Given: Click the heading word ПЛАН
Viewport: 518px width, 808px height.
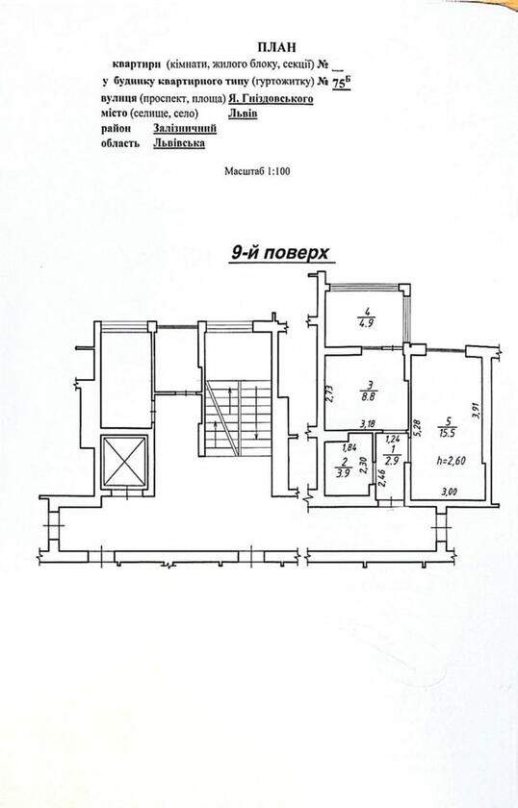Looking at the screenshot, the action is click(277, 47).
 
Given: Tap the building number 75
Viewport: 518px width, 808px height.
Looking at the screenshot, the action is click(339, 84).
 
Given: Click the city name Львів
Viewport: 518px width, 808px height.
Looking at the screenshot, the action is click(243, 114).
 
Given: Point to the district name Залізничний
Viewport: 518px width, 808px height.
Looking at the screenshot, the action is click(185, 128).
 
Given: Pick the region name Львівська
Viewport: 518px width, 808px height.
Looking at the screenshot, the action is click(178, 143).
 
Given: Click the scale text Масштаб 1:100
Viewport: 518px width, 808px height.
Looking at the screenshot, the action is click(257, 170).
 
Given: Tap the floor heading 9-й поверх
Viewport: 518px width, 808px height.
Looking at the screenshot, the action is click(279, 253).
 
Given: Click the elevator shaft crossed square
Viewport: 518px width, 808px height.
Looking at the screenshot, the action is click(124, 461).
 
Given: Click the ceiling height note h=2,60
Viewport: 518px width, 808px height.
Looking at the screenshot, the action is click(451, 461).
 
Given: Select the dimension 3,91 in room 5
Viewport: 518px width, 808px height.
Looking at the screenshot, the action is click(476, 410).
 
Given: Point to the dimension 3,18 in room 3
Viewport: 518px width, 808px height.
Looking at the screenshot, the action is click(368, 424).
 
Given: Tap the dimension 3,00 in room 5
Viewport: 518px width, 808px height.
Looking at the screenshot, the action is click(450, 492).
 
